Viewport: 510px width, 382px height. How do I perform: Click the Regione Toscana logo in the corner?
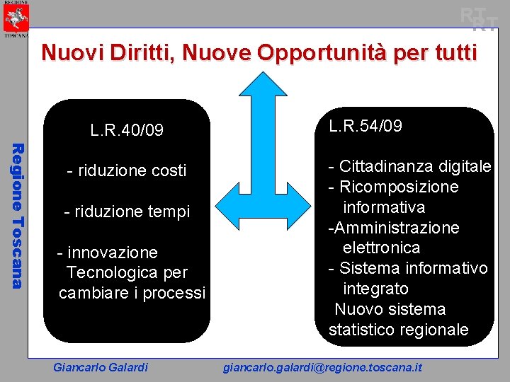click(x=16, y=18)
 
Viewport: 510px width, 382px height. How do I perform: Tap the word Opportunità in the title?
click(x=317, y=52)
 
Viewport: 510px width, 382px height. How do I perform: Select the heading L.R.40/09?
click(x=127, y=130)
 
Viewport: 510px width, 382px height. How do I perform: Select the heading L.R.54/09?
click(x=365, y=126)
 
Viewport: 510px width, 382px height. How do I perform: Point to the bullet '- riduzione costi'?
click(x=127, y=170)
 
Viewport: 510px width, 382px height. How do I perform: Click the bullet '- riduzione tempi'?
click(x=127, y=212)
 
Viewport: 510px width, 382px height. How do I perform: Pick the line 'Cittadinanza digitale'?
click(x=414, y=167)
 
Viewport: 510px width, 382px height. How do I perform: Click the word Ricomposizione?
click(x=399, y=187)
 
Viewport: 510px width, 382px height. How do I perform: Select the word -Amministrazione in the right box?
click(x=393, y=228)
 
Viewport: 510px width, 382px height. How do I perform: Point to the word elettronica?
click(x=382, y=248)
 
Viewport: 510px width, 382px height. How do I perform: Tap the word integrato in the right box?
click(x=375, y=289)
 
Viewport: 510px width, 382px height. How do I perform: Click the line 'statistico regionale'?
click(x=399, y=330)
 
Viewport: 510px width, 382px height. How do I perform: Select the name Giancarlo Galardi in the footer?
click(x=101, y=367)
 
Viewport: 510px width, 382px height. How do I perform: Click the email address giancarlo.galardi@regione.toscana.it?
click(x=322, y=367)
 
